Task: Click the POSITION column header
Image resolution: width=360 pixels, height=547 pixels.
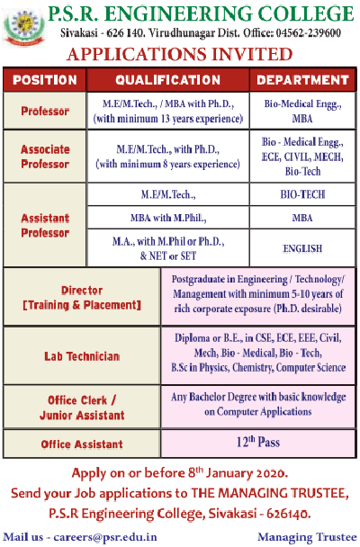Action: [x=44, y=80]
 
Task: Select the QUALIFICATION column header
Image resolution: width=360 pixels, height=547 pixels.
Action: [x=167, y=80]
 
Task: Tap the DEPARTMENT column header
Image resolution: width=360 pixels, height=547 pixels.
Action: [x=302, y=80]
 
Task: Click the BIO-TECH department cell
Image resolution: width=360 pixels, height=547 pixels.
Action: [x=302, y=194]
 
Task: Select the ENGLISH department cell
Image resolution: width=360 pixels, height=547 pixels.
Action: [x=302, y=248]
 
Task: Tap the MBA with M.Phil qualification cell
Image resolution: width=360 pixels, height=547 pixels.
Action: [x=168, y=218]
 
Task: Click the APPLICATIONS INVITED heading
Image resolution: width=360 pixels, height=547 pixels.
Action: [x=180, y=54]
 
